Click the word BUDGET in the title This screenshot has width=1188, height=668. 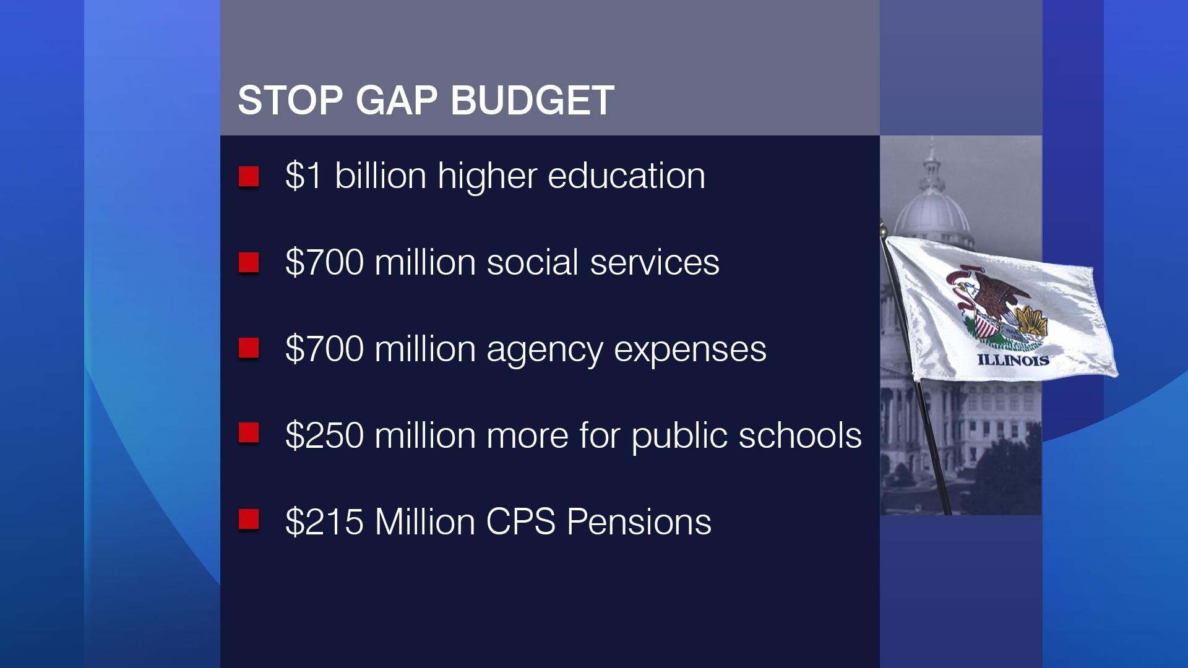point(533,100)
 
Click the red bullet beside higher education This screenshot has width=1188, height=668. point(249,176)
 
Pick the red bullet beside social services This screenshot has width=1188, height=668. point(249,263)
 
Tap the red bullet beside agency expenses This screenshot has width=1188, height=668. point(249,348)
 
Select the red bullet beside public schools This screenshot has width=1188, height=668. point(249,434)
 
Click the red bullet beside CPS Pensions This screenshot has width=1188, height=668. point(249,520)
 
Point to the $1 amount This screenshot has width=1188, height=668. point(304,176)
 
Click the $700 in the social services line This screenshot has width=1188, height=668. point(324,262)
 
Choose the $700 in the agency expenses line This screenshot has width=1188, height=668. point(324,349)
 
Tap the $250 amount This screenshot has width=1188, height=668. point(324,435)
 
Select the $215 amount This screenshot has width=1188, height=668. point(324,522)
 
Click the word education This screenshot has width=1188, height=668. point(626,176)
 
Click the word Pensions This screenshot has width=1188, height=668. point(639,522)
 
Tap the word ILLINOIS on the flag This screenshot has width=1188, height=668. point(1013,360)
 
